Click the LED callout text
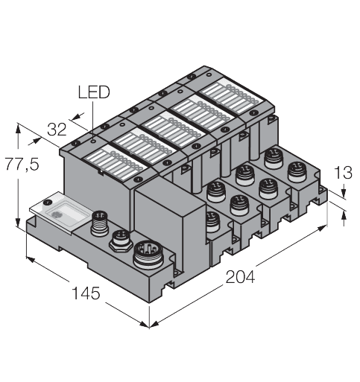92,93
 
